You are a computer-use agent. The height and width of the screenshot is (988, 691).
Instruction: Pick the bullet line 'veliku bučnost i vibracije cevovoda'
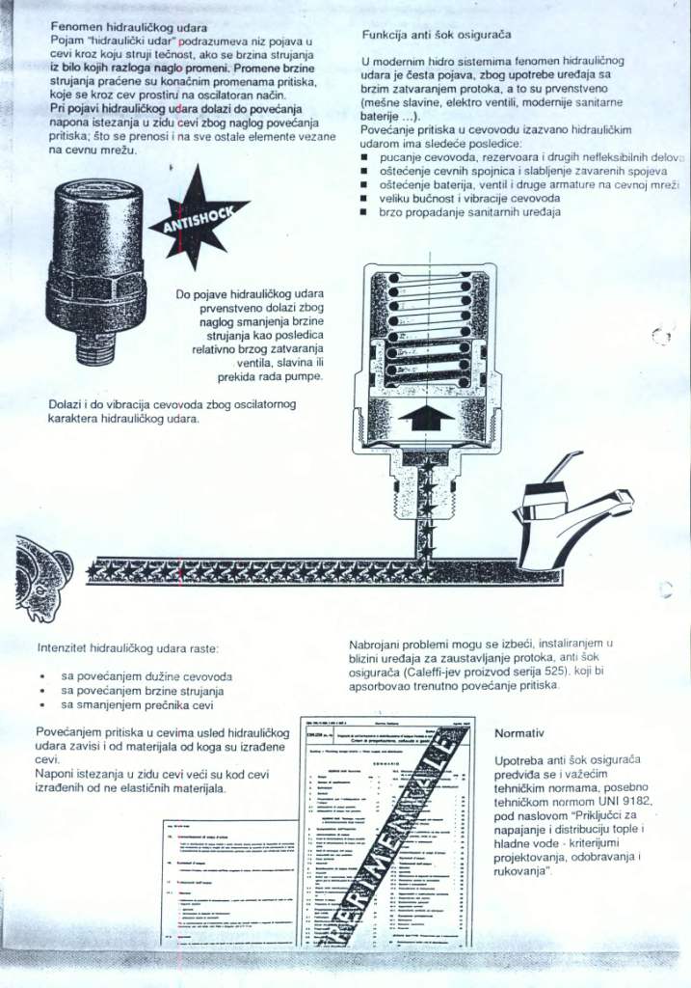(x=469, y=197)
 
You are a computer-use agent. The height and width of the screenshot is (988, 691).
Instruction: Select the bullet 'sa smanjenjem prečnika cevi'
(x=137, y=704)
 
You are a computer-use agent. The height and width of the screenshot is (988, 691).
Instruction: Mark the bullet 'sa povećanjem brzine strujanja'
(x=143, y=691)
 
